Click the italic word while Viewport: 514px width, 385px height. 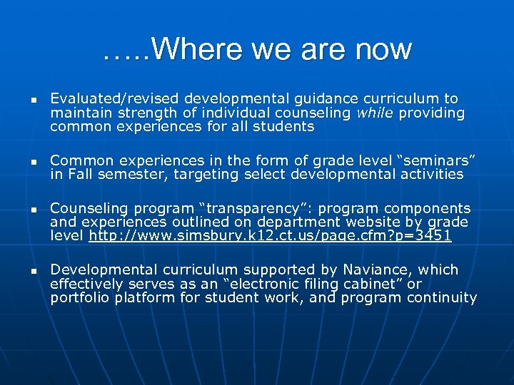tap(375, 113)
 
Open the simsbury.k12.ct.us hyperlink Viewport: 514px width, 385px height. tap(270, 235)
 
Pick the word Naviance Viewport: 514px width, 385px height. tap(378, 269)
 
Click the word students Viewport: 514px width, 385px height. tap(285, 126)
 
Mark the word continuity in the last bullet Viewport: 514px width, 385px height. tap(444, 297)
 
